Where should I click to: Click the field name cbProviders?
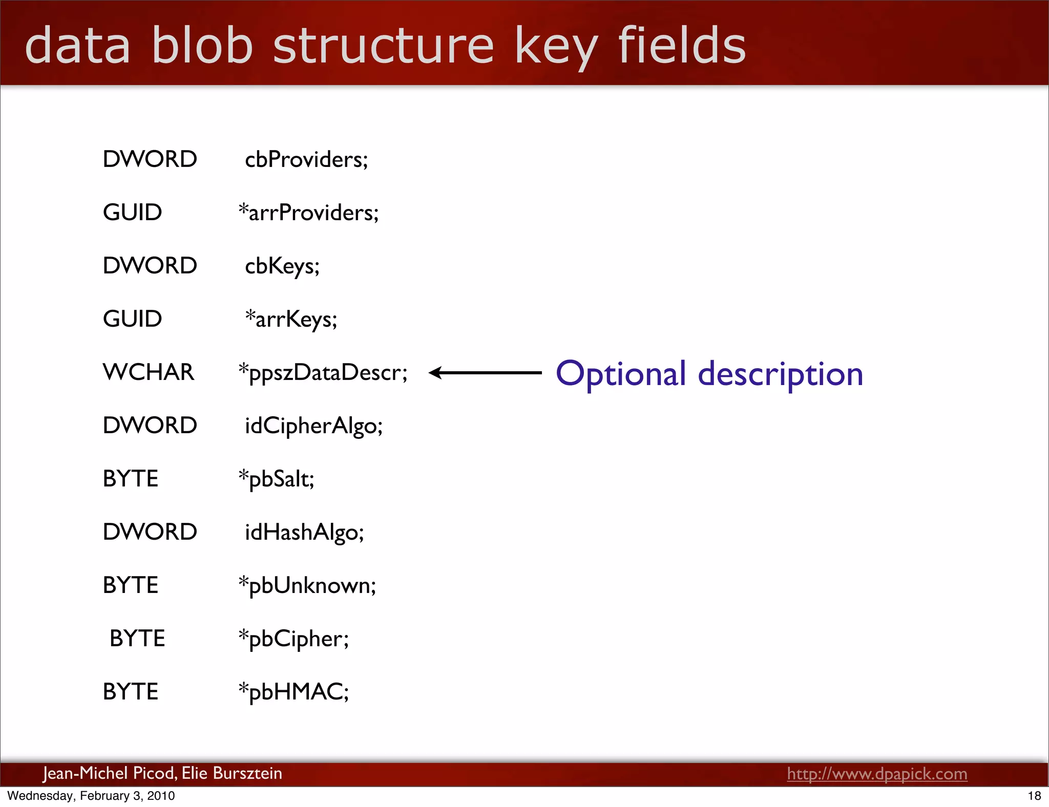click(x=306, y=160)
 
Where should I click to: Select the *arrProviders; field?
click(x=308, y=213)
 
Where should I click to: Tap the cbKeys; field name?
click(x=282, y=266)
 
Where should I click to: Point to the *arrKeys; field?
click(x=291, y=320)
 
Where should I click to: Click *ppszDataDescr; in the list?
click(x=323, y=373)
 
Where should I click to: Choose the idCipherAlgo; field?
click(x=313, y=426)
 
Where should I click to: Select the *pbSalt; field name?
click(x=276, y=479)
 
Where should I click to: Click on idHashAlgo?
click(x=304, y=533)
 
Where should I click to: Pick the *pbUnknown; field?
click(x=307, y=586)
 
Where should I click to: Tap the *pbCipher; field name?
click(x=293, y=639)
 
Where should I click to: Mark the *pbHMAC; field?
click(x=293, y=692)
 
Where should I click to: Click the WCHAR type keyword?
click(x=149, y=372)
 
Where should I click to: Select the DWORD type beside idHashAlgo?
click(x=150, y=532)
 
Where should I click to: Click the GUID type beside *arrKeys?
click(x=132, y=319)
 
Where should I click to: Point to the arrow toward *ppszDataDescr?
click(x=485, y=373)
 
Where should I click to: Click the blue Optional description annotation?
click(x=709, y=374)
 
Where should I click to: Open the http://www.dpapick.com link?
click(x=877, y=774)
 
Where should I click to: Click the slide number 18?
click(x=1034, y=796)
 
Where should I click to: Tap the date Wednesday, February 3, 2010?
click(x=91, y=796)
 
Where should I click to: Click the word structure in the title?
click(x=383, y=46)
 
